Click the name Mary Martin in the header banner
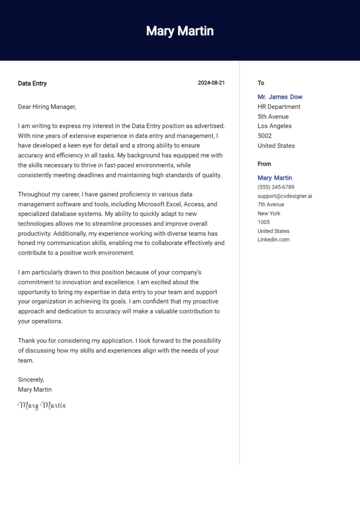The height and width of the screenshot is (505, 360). [180, 31]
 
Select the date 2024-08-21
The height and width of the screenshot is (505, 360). [211, 83]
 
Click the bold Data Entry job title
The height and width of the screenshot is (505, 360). [32, 83]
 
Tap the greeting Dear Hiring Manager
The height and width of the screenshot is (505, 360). [47, 107]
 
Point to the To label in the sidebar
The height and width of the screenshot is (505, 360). [261, 83]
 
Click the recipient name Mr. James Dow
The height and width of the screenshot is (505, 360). [280, 97]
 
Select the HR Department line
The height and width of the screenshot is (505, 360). [279, 107]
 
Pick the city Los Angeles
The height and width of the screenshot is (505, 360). [274, 126]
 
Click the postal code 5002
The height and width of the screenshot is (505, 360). [264, 136]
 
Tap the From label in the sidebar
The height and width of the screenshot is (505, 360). [264, 164]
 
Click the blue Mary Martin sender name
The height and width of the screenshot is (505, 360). [275, 178]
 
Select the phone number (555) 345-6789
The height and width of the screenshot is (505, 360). [276, 187]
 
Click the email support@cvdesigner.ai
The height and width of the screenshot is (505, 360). [285, 196]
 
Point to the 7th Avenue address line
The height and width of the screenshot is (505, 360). [271, 205]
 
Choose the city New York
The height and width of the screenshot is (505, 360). [269, 214]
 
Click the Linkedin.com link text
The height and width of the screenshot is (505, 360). [273, 240]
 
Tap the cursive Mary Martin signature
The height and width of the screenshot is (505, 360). [42, 405]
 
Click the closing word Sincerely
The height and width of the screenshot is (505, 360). [31, 380]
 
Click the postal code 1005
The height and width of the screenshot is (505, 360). [263, 222]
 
